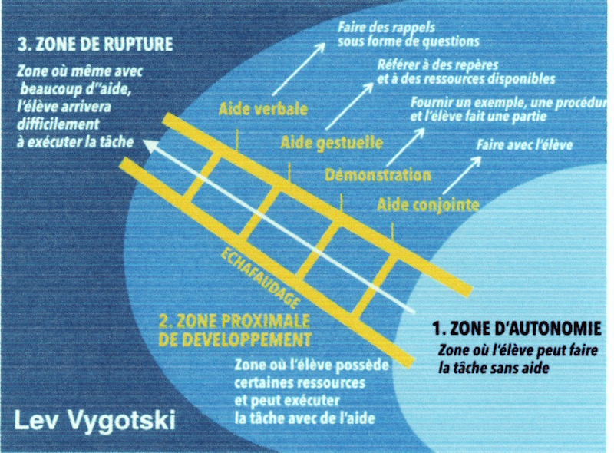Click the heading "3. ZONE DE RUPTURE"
95,44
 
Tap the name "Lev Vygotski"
94,422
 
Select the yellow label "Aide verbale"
262,109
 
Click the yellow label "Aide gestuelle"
332,143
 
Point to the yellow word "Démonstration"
378,175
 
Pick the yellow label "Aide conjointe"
428,204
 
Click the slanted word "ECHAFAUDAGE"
260,278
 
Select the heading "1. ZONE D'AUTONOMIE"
517,329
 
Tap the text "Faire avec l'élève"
524,145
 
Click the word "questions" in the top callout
449,41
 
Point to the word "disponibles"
523,79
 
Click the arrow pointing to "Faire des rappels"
299,69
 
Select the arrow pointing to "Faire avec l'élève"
462,175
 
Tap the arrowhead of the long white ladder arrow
149,145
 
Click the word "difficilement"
58,124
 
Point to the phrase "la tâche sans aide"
494,369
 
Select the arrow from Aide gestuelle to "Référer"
349,106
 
